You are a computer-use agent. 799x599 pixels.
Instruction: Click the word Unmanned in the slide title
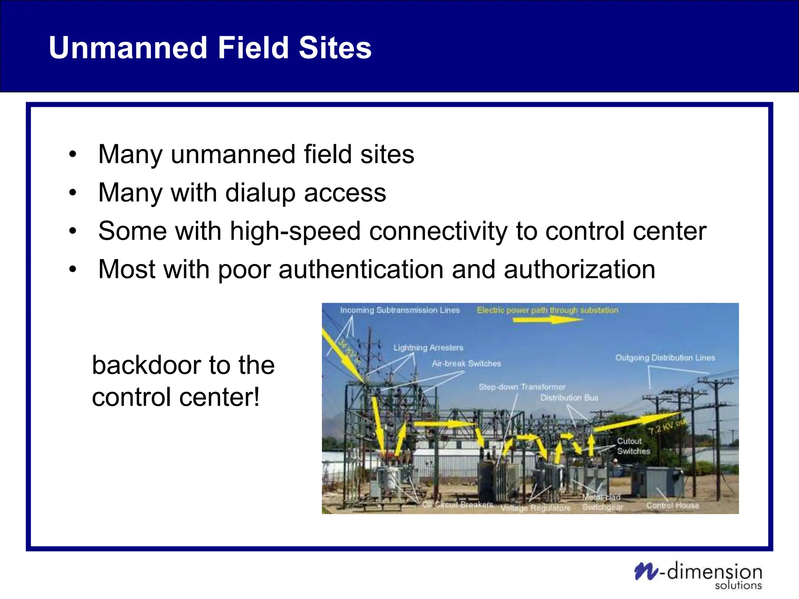128,48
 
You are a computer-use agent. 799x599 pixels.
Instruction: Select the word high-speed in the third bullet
295,231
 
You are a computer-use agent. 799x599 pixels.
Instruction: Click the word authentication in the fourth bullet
361,269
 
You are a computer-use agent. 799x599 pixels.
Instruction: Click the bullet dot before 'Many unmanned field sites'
73,154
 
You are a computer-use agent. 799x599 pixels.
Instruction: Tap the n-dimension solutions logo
698,575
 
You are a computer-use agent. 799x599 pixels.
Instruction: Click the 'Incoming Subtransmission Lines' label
400,310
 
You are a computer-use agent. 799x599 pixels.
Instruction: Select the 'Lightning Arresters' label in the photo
428,348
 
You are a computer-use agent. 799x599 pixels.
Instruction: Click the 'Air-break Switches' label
466,364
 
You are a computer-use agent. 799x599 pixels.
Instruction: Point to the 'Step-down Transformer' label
522,387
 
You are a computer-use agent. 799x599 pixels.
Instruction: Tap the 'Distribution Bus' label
569,398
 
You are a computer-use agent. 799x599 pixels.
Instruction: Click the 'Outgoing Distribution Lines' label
665,358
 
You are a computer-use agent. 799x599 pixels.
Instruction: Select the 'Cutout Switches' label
633,446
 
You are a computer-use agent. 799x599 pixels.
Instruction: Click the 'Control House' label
673,505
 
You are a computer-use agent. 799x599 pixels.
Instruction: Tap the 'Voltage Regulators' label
535,508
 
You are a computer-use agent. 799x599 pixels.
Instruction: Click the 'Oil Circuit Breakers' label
458,505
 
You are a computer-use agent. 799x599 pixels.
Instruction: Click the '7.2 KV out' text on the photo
668,426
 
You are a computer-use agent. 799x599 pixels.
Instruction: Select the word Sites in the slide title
335,48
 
